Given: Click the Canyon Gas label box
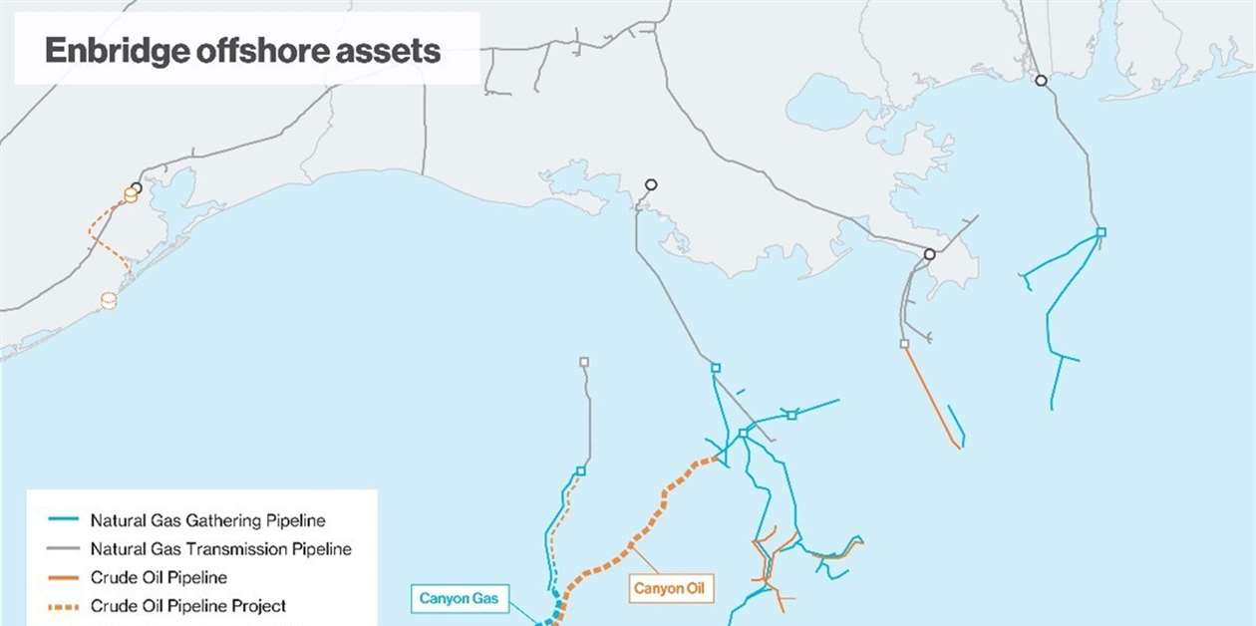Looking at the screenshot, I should pos(459,599).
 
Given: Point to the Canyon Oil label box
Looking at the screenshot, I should pos(673,589).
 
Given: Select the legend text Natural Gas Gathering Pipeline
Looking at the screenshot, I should pos(207,520).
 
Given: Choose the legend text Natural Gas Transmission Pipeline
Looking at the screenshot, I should pos(220,549).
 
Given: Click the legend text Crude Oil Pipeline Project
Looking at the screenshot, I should pos(187,606).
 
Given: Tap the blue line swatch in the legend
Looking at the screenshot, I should pos(63,520).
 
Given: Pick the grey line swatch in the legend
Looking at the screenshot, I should pos(63,549).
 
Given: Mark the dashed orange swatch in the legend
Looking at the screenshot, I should pos(63,606).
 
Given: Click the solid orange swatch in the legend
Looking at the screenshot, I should pos(63,578).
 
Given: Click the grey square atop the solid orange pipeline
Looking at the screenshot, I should pos(904,344).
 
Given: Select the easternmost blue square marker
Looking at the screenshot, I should pos(1101,232).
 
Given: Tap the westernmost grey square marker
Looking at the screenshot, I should pos(584,362).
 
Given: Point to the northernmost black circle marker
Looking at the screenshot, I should pos(1041,81).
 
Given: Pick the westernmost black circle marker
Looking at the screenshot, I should pos(137,187).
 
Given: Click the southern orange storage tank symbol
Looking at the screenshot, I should pos(109,299).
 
